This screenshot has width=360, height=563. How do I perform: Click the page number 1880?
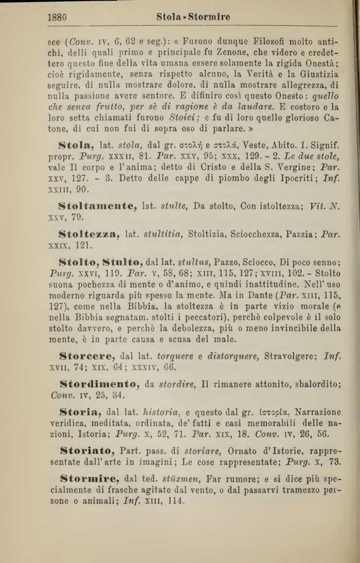[57, 17]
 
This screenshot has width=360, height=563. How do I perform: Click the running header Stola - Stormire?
[193, 17]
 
